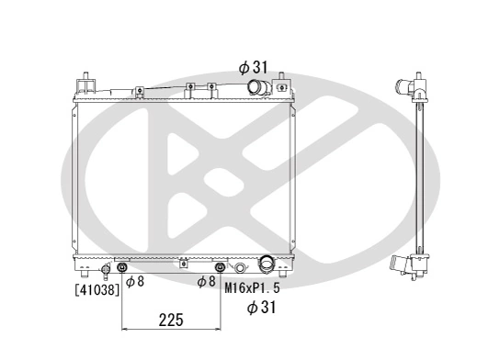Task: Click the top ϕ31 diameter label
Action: pos(253,67)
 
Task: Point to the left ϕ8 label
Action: pos(134,282)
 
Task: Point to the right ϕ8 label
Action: pos(206,282)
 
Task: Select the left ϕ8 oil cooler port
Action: pos(122,268)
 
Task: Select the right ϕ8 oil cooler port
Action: pos(220,268)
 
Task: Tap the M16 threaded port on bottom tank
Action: pos(241,268)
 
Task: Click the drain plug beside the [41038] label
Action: pos(105,269)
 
